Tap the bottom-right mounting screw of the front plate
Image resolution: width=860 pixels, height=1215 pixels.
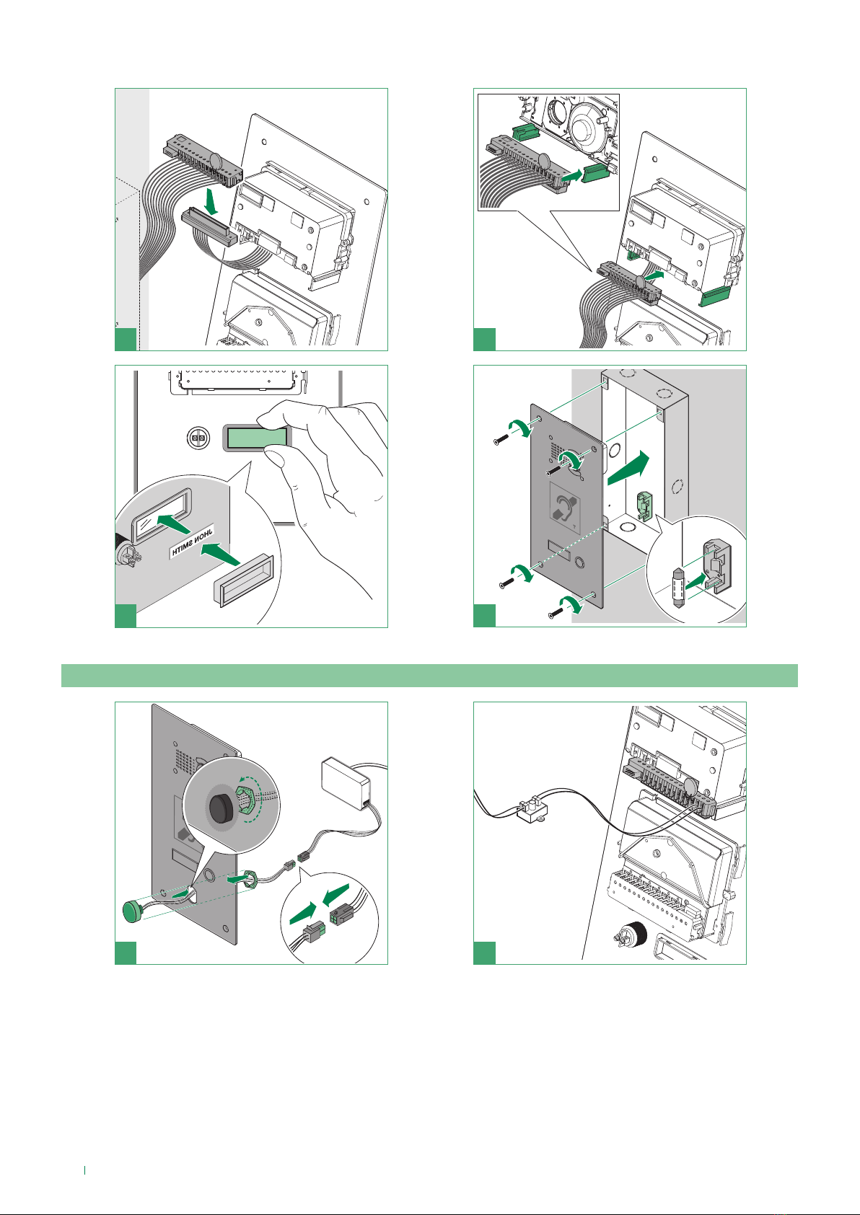tap(555, 614)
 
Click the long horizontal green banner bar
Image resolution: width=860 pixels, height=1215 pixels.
tap(429, 676)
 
